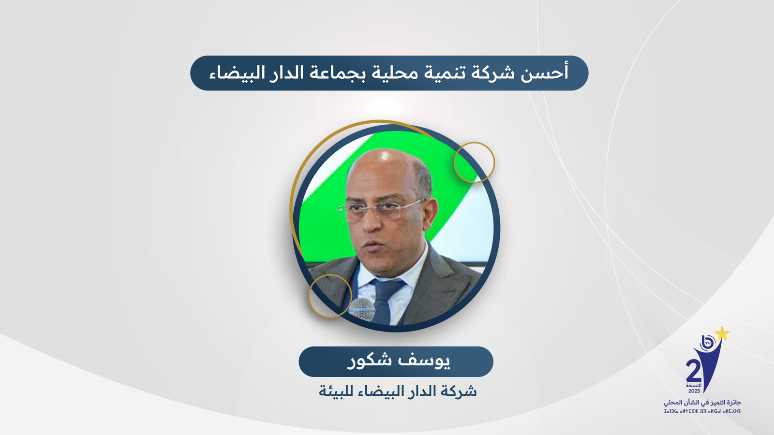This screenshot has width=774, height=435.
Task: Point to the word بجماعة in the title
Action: [334, 73]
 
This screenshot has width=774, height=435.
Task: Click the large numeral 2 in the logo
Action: [694, 371]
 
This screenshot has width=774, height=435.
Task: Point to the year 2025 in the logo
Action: [694, 391]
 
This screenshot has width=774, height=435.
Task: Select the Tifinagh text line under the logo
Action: [702, 411]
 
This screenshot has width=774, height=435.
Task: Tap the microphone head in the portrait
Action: [362, 308]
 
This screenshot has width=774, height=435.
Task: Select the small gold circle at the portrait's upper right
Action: [475, 162]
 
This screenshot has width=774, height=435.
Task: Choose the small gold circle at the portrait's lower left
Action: [330, 296]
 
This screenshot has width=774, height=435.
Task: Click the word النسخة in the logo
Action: [694, 385]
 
